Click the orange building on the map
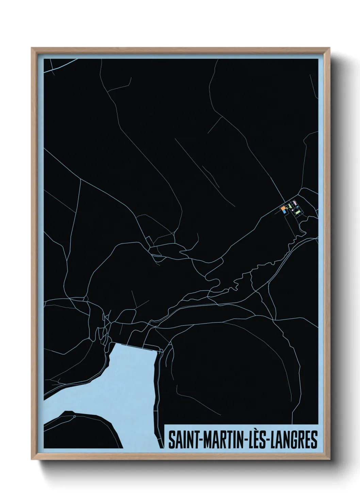(283, 208)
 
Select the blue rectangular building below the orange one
(284, 212)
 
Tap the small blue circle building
(298, 207)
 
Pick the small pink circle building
(292, 210)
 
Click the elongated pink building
(295, 203)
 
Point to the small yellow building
(287, 208)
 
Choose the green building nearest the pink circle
(298, 212)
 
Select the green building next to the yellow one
(290, 206)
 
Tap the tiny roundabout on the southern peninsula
(74, 416)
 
